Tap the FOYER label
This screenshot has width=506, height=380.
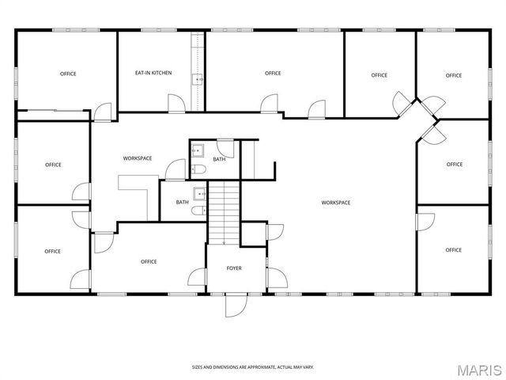pyautogui.click(x=234, y=268)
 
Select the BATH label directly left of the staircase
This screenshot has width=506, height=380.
pyautogui.click(x=183, y=202)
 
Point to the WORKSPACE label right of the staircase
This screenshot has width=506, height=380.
pyautogui.click(x=335, y=203)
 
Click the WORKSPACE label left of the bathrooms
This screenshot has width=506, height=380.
pyautogui.click(x=138, y=158)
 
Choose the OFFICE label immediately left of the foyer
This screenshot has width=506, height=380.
pyautogui.click(x=149, y=261)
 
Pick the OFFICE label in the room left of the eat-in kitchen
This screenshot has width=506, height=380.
pyautogui.click(x=68, y=74)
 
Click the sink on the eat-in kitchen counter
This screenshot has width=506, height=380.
pyautogui.click(x=198, y=78)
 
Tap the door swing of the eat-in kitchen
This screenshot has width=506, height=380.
pyautogui.click(x=176, y=103)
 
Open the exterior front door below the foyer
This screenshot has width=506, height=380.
pyautogui.click(x=236, y=304)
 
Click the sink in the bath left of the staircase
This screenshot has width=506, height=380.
pyautogui.click(x=200, y=192)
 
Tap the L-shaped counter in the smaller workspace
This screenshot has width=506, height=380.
pyautogui.click(x=135, y=189)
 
